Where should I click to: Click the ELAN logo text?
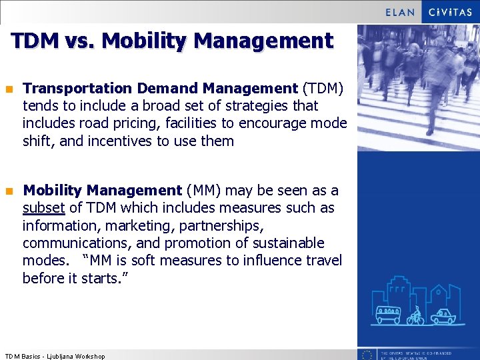(x=400, y=12)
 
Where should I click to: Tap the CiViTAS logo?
(x=450, y=12)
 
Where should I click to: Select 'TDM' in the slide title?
(x=34, y=41)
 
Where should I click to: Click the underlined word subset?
(x=43, y=208)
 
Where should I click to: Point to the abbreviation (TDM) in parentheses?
(x=323, y=88)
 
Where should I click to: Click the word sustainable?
(x=287, y=243)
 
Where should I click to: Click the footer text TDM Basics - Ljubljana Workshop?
(x=55, y=356)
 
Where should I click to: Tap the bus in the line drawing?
(x=389, y=314)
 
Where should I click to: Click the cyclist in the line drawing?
(x=416, y=315)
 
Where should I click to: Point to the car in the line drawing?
(x=443, y=315)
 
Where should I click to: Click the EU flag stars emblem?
(x=367, y=355)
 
